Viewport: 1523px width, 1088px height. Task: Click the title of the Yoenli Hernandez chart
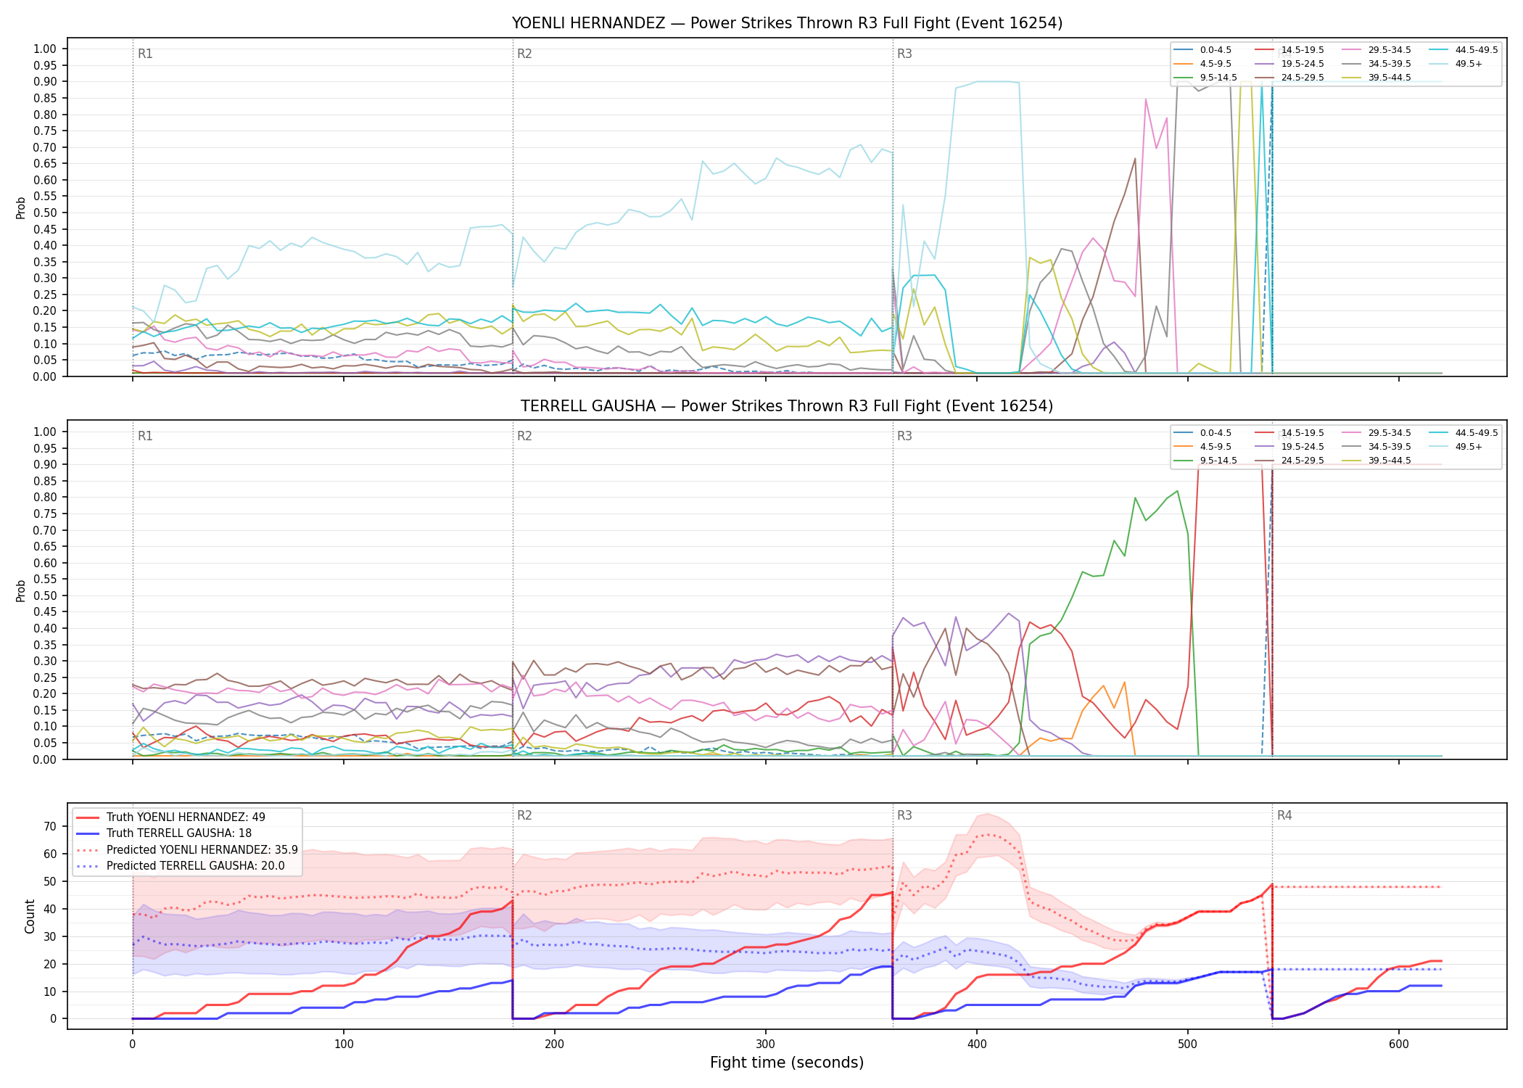(787, 23)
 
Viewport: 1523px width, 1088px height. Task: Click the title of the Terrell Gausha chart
(787, 406)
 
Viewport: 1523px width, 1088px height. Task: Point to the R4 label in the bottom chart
(1284, 815)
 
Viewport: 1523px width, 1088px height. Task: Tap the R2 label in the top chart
(524, 54)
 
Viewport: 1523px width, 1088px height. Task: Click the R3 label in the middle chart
(904, 436)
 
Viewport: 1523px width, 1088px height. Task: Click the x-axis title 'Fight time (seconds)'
(787, 1063)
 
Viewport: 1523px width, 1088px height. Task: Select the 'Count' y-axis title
(30, 916)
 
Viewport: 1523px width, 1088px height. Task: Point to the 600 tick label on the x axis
(1399, 1044)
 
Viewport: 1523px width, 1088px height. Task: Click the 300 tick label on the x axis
(766, 1044)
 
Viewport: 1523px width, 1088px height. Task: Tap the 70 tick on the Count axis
(50, 826)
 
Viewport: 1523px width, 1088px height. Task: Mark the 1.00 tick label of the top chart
(45, 49)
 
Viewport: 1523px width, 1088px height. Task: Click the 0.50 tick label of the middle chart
(45, 595)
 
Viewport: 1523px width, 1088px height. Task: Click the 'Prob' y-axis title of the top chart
(21, 207)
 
